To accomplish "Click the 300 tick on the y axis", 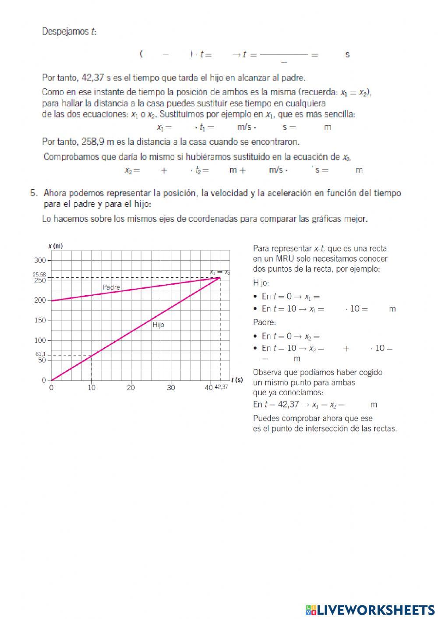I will coord(40,260).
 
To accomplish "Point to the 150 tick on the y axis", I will coord(40,320).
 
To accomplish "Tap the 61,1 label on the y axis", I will coord(40,354).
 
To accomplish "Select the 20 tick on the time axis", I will coord(131,388).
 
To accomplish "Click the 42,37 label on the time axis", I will coord(221,387).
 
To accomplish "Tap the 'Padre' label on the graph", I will coord(111,287).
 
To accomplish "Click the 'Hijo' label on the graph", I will coord(158,325).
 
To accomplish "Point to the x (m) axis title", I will coord(55,246).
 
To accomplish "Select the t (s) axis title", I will coord(237,380).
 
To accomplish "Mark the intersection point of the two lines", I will coord(220,278).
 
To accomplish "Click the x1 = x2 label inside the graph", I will coord(219,272).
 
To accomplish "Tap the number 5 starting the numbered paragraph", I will coord(33,193).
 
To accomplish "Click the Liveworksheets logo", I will coord(370,609).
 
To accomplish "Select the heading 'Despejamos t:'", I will coord(69,32).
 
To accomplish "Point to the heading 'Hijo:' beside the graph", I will coord(261,283).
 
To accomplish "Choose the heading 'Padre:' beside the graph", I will coord(265,322).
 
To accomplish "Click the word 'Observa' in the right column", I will coord(268,372).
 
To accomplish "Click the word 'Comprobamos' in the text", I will coord(71,157).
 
